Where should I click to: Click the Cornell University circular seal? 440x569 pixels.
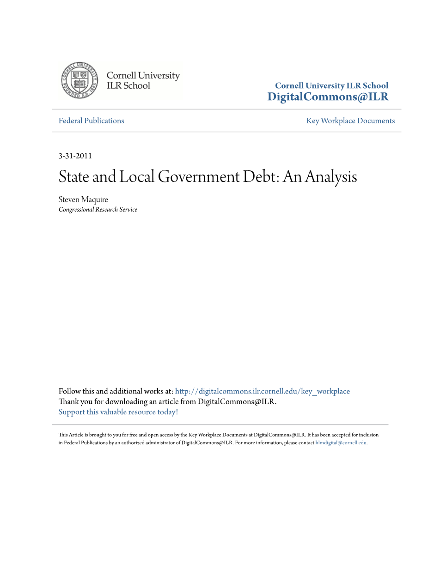coord(79,81)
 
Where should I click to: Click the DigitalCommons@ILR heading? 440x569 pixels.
coord(328,97)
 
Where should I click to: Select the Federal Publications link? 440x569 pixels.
coord(92,121)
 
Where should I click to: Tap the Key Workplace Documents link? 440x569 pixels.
coord(350,121)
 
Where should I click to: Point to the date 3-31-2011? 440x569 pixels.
coord(75,156)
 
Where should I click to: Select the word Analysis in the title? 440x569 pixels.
coord(334,177)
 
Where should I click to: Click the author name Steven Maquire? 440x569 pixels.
coord(83,200)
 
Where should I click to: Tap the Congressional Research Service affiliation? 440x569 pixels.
coord(98,210)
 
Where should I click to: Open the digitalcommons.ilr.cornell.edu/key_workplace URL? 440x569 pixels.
coord(263,392)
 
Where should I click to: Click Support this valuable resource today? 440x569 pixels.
coord(118,412)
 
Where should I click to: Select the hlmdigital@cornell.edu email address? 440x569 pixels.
coord(341,442)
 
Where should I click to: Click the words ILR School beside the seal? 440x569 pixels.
coord(128,86)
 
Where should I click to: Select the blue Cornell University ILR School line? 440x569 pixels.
coord(331,86)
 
